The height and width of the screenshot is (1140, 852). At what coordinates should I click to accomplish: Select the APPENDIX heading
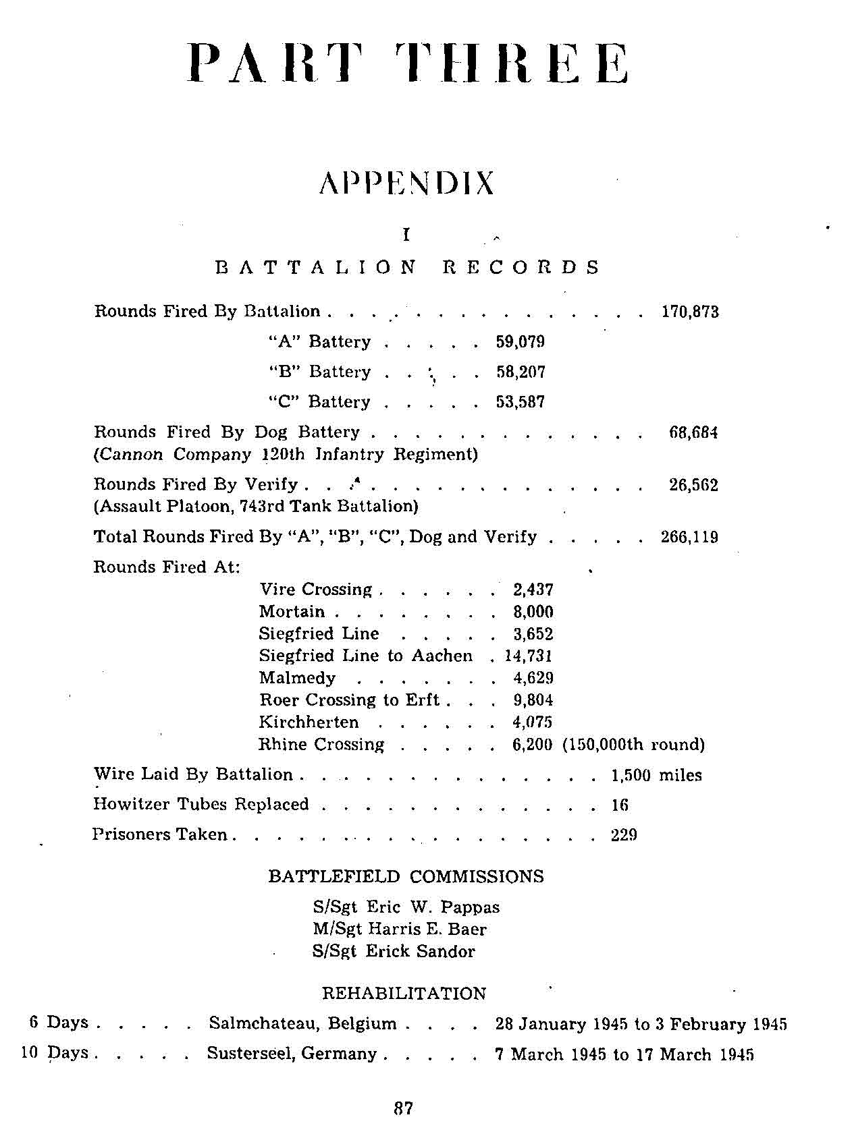pyautogui.click(x=406, y=183)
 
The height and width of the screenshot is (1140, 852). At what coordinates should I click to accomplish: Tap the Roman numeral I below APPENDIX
pyautogui.click(x=406, y=235)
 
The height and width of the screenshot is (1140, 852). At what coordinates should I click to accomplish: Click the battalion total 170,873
pyautogui.click(x=689, y=312)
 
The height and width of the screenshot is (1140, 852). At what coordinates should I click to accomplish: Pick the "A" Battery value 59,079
pyautogui.click(x=520, y=342)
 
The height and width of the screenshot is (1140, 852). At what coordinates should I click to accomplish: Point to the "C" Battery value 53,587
pyautogui.click(x=520, y=402)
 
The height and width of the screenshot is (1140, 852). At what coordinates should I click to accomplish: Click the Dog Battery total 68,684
pyautogui.click(x=693, y=432)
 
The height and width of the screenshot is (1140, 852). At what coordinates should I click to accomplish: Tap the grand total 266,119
pyautogui.click(x=689, y=538)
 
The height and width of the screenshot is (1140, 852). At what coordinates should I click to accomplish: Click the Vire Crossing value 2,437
pyautogui.click(x=533, y=590)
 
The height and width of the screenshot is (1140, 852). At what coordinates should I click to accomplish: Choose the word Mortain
pyautogui.click(x=292, y=612)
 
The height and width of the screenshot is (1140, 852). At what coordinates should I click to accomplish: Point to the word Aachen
pyautogui.click(x=442, y=656)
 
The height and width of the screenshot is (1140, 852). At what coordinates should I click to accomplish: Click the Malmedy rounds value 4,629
pyautogui.click(x=533, y=678)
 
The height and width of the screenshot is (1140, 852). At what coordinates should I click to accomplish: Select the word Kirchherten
pyautogui.click(x=309, y=722)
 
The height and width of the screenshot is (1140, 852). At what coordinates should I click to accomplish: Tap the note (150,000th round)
pyautogui.click(x=633, y=745)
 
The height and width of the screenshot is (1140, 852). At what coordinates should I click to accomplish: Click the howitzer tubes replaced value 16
pyautogui.click(x=619, y=805)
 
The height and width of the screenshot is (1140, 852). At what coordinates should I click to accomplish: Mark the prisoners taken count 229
pyautogui.click(x=624, y=835)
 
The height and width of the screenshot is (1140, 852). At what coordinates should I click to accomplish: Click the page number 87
pyautogui.click(x=403, y=1108)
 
